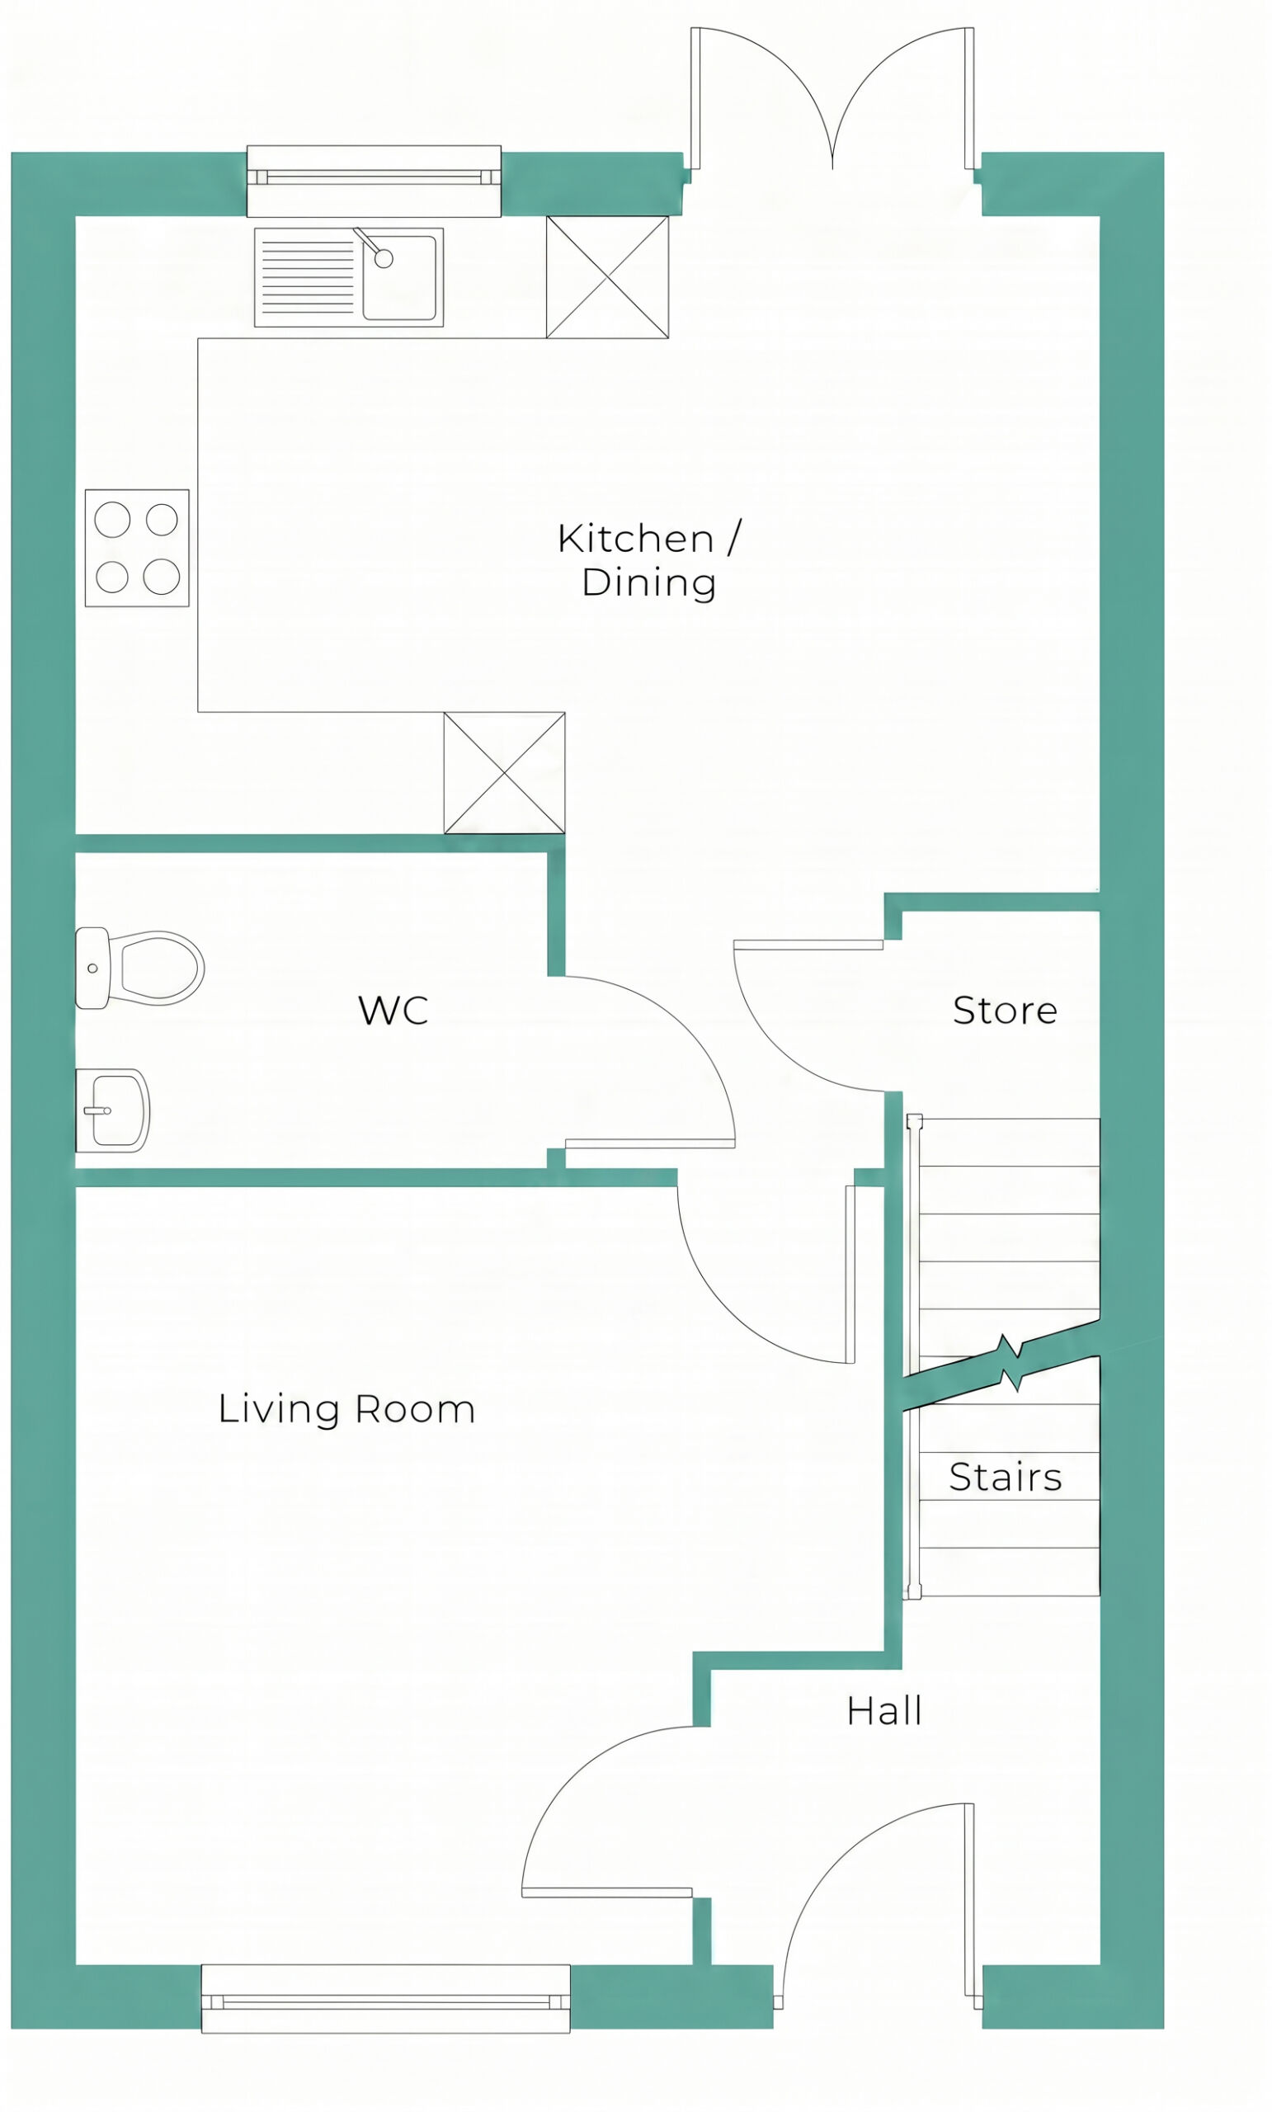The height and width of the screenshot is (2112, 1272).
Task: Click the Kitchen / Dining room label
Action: [649, 560]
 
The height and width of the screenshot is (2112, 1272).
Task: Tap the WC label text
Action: [393, 1011]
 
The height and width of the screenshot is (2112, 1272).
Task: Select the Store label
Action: [1005, 1011]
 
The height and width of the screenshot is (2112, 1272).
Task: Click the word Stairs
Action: [1006, 1477]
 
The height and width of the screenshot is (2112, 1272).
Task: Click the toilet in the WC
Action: [139, 969]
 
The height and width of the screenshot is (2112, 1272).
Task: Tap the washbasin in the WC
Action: [113, 1110]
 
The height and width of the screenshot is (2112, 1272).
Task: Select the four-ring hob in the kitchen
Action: [137, 548]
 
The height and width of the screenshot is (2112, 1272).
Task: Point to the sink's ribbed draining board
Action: [308, 276]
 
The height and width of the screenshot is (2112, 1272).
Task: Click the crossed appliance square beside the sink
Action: [608, 277]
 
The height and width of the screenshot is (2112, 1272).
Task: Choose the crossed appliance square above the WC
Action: [504, 772]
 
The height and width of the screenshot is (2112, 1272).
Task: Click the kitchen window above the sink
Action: [374, 181]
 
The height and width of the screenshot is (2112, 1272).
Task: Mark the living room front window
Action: [386, 1999]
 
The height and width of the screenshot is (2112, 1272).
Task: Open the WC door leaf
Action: [650, 1143]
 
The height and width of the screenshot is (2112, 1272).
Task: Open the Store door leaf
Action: [808, 945]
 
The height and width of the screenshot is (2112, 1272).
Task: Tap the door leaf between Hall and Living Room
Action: [607, 1893]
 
